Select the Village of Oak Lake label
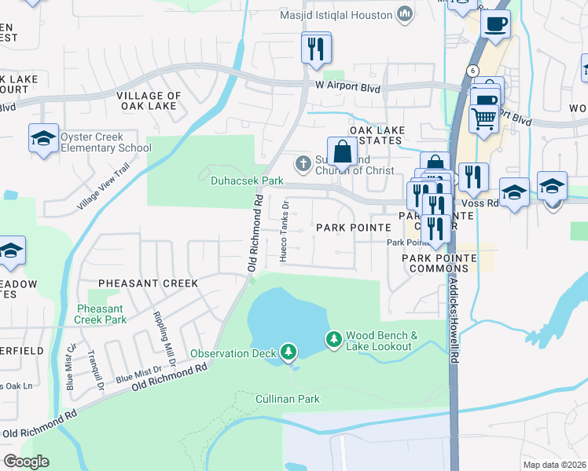click(x=149, y=101)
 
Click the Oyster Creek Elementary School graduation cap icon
click(x=43, y=139)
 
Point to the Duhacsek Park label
click(x=235, y=181)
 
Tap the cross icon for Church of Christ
click(x=302, y=164)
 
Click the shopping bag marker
click(x=342, y=151)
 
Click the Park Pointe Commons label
click(x=435, y=263)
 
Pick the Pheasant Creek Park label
click(x=101, y=315)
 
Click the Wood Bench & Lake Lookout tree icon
click(x=334, y=339)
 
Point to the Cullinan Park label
click(x=287, y=399)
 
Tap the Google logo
click(x=26, y=462)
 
